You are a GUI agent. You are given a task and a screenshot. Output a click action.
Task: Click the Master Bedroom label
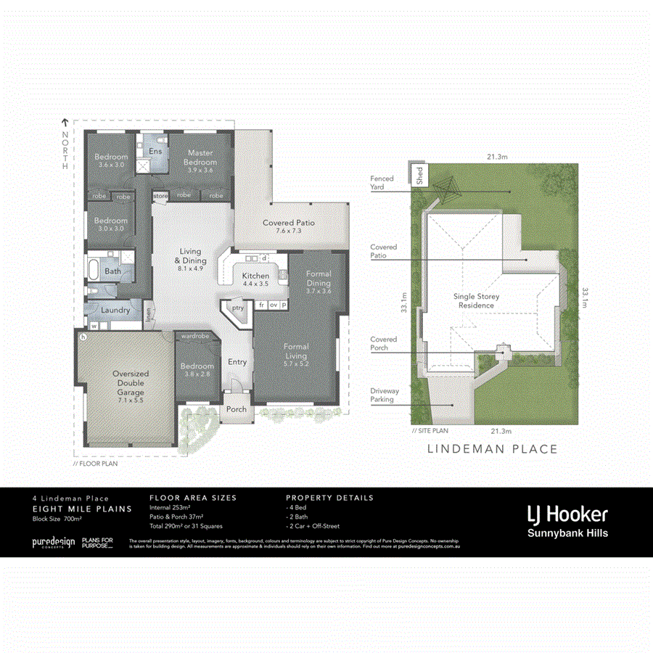[200, 157]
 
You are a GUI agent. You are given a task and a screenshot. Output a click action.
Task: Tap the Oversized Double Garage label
[130, 383]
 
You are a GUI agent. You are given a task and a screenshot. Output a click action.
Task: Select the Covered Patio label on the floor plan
[289, 226]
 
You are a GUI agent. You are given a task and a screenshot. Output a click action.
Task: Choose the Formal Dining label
[319, 278]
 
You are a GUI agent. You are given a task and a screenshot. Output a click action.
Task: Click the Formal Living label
[295, 352]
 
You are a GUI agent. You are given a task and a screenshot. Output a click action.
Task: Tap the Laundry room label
[115, 311]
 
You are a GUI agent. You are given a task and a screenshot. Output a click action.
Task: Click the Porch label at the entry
[237, 409]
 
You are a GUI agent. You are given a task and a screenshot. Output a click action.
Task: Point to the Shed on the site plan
[419, 174]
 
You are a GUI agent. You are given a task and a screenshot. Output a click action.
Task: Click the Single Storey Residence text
[476, 301]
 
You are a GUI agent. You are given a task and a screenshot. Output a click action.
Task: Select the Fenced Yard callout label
[382, 183]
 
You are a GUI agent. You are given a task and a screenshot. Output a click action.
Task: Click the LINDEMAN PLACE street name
[492, 449]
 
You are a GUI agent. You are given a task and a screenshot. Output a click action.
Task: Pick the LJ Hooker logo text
[567, 514]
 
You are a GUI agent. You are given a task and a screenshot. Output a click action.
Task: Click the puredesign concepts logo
[52, 543]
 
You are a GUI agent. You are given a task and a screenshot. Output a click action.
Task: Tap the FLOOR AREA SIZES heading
[192, 498]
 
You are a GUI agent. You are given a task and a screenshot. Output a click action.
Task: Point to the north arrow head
[65, 123]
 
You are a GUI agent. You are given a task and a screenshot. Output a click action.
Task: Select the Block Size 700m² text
[57, 519]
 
